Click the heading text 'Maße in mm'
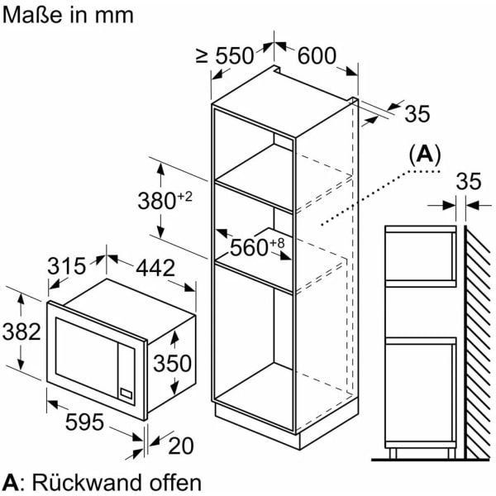point(68,15)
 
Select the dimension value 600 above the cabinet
point(317,55)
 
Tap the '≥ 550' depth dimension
point(225,56)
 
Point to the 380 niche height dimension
point(165,200)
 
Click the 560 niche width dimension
point(257,247)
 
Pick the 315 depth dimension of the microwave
point(67,266)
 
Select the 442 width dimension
point(155,268)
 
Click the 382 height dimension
point(21,331)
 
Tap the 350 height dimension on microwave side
point(173,363)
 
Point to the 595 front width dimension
point(84,422)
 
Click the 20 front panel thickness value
point(181,446)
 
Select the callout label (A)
point(425,155)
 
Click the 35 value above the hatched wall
point(469,181)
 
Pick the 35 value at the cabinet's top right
point(417,113)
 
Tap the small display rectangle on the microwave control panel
point(126,393)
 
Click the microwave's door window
point(87,356)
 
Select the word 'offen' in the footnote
point(175,483)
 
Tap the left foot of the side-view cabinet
point(393,453)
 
